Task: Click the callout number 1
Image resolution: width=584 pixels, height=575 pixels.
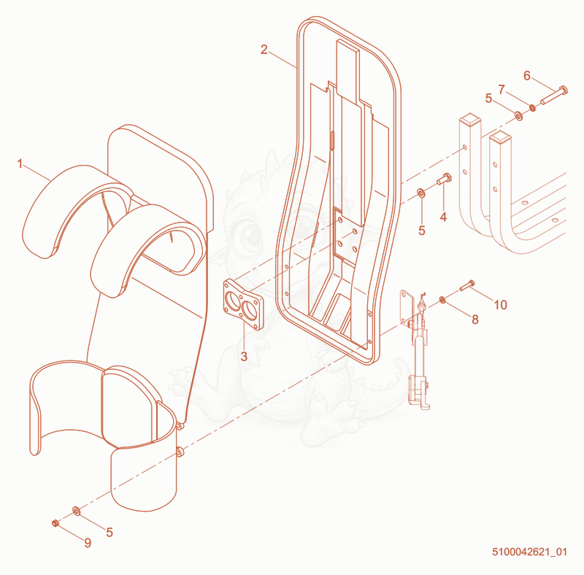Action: coord(20,163)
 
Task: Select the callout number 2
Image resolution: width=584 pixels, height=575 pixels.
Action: coord(264,50)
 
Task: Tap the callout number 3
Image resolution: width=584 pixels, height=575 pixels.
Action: coord(244,356)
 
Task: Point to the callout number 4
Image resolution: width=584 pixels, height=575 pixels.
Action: coord(443,217)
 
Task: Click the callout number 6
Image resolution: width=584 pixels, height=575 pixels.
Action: coord(526,76)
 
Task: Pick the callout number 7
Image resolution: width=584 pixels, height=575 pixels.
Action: coord(502,90)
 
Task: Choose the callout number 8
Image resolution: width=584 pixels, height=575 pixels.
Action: coord(475,319)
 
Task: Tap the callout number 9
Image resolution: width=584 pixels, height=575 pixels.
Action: coord(88,543)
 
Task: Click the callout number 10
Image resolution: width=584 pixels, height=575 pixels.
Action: coord(501,305)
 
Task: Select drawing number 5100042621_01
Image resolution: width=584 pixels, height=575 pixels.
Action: coord(530,552)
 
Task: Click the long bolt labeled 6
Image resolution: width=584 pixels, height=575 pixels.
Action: coord(554,95)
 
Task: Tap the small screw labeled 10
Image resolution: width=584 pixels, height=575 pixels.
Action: coord(467,285)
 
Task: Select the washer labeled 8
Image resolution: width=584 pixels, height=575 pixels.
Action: coord(442,299)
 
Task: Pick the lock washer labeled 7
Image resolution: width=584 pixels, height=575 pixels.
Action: coord(533,108)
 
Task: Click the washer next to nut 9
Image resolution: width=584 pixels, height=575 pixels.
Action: coord(77,511)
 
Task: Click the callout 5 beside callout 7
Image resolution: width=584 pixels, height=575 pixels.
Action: coord(488,99)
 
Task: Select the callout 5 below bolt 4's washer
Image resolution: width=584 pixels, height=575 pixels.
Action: coord(422,231)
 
